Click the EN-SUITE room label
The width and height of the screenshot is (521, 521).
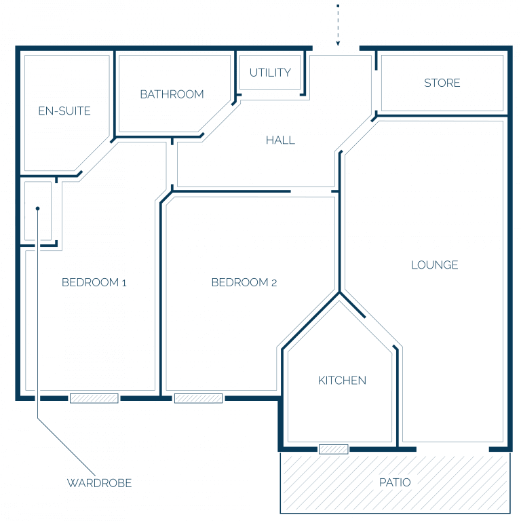click(64, 111)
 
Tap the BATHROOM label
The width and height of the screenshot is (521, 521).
click(172, 94)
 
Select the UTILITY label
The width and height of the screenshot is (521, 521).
click(270, 73)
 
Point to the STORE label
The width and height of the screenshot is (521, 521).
click(442, 83)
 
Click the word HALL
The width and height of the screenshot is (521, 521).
click(280, 140)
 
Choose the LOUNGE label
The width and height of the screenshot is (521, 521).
click(435, 265)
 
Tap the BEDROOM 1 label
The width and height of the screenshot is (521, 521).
click(94, 282)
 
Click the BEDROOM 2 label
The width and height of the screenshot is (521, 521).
click(244, 282)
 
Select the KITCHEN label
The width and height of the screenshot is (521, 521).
click(342, 381)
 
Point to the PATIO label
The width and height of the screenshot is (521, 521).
click(395, 482)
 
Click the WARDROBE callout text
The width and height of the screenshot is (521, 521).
click(99, 483)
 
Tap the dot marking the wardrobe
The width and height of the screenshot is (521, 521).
click(37, 208)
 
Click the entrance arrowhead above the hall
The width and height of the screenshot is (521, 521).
click(338, 43)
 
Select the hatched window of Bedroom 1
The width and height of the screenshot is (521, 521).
click(94, 398)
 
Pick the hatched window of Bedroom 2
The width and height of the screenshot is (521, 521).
click(198, 398)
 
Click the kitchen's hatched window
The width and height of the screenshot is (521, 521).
click(334, 449)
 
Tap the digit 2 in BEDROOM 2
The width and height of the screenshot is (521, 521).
click(274, 283)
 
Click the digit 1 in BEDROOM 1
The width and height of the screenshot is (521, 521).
click(124, 283)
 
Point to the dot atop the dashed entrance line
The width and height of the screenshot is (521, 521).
click(338, 5)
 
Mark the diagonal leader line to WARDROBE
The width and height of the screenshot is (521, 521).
click(66, 447)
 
